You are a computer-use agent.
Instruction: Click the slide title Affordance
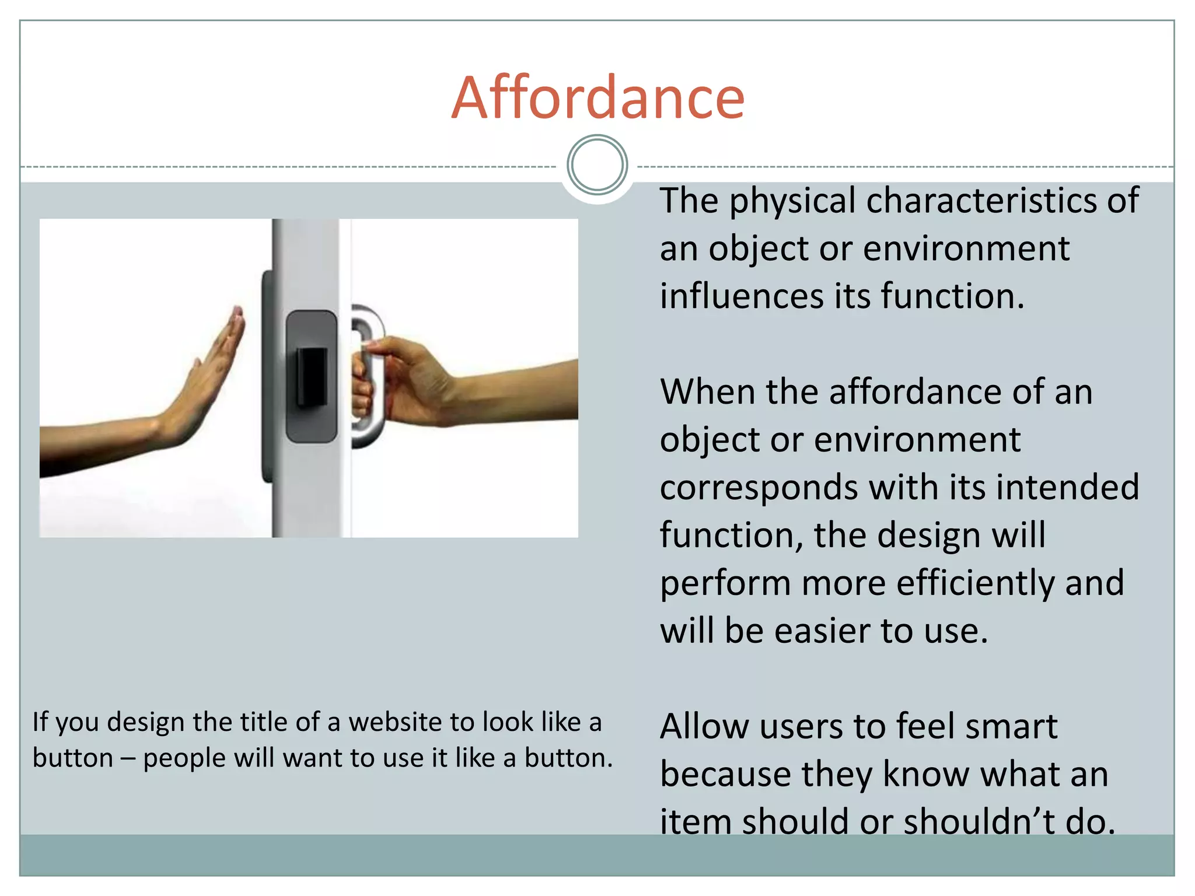click(x=597, y=98)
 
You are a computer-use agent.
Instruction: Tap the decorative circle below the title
click(x=597, y=165)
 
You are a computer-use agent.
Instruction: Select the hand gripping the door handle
click(x=403, y=379)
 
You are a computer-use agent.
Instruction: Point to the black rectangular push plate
click(x=312, y=376)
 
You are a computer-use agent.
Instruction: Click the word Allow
click(x=704, y=727)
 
